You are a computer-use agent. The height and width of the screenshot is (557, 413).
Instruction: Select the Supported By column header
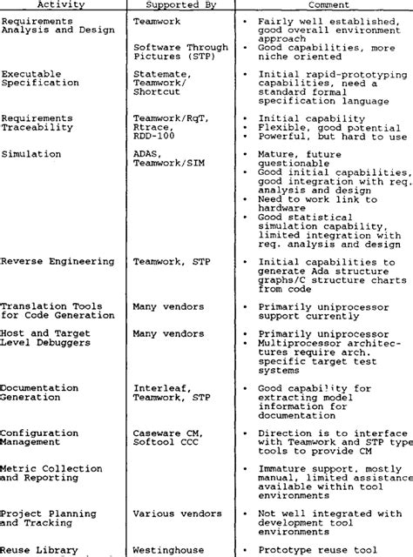pos(173,3)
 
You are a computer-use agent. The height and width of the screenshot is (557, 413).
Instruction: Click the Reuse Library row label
pos(41,549)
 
